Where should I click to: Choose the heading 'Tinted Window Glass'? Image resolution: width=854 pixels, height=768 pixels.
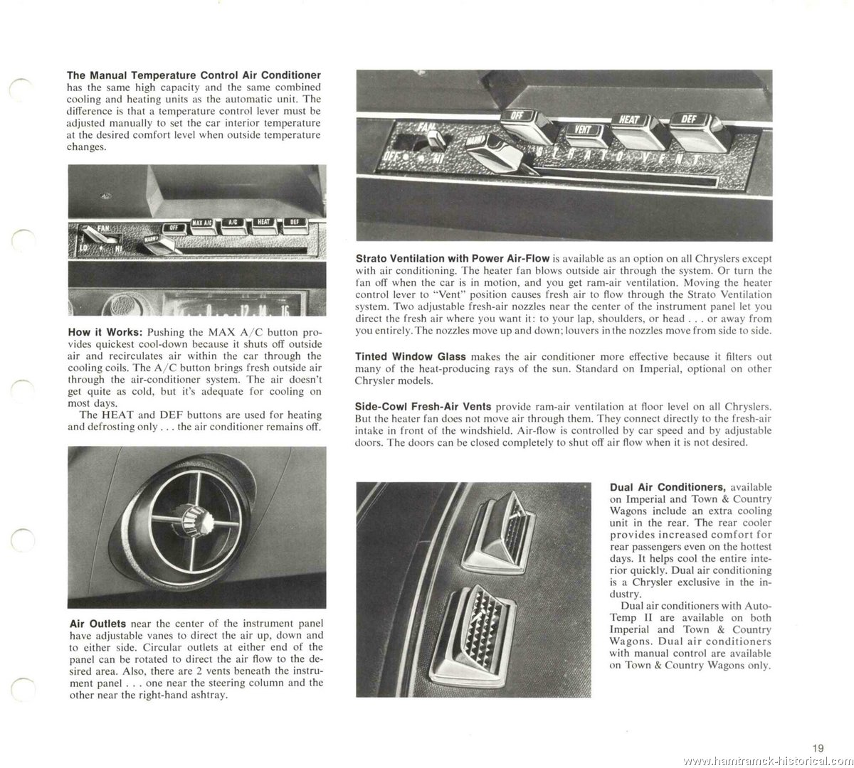tap(411, 357)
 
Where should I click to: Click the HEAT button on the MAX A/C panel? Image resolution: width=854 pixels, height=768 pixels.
tap(263, 222)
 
